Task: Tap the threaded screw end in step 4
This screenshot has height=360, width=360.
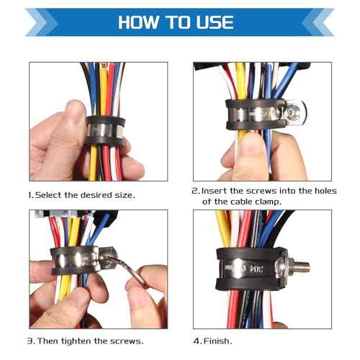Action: [x=301, y=267]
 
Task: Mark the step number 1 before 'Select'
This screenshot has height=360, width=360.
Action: [x=30, y=195]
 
